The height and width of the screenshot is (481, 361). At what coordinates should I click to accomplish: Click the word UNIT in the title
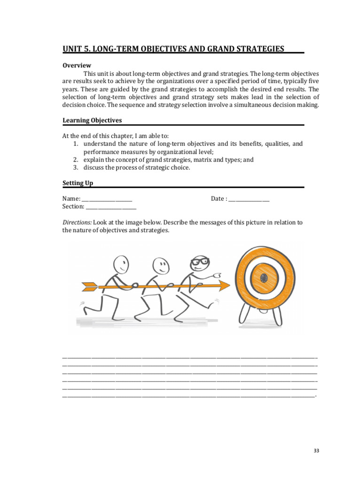click(73, 49)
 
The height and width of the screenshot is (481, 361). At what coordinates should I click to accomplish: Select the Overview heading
click(77, 65)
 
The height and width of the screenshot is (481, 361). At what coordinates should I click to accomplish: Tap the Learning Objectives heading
click(92, 120)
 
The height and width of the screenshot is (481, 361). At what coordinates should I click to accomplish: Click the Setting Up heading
click(78, 183)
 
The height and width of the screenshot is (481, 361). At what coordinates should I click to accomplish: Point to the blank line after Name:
click(107, 199)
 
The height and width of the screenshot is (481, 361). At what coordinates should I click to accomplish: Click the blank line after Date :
click(249, 199)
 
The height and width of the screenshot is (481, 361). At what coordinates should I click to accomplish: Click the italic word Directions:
click(77, 222)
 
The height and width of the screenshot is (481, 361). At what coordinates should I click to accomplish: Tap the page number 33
click(316, 451)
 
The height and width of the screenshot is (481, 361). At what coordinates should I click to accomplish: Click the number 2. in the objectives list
click(76, 160)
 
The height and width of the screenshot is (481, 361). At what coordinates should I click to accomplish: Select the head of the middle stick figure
click(161, 267)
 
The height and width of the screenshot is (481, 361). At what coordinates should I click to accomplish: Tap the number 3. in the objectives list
click(76, 168)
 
